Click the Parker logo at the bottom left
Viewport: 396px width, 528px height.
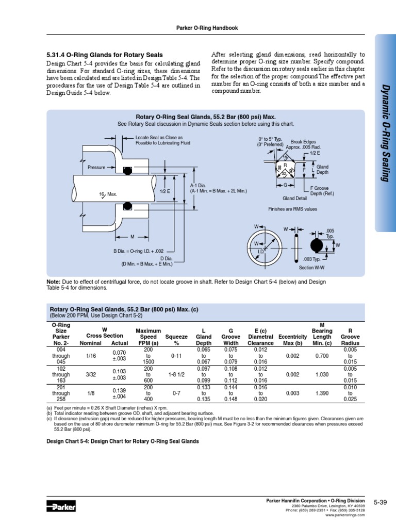coord(61,507)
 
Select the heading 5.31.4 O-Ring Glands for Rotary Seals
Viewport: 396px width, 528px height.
coord(105,55)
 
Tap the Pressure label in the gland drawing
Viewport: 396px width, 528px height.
coord(96,168)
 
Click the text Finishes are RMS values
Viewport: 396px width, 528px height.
coord(292,209)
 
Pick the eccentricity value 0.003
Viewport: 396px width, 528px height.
coord(292,393)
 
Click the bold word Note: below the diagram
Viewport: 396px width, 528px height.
coord(53,282)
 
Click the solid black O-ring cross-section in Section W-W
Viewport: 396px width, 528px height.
coord(318,245)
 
